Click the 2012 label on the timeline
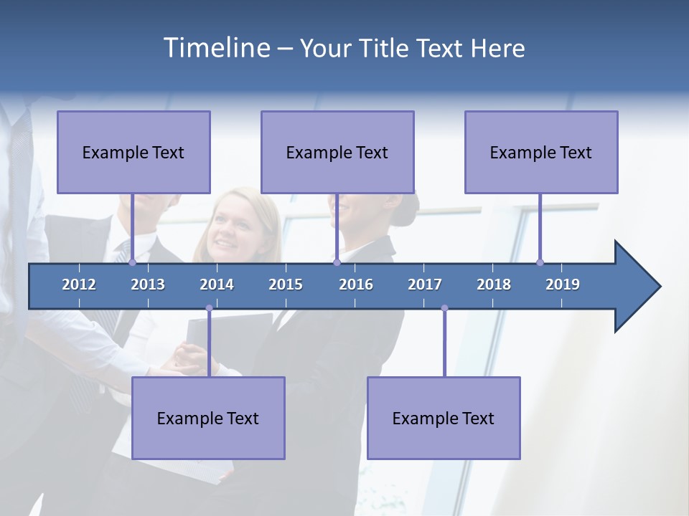pos(79,285)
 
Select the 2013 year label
pos(148,285)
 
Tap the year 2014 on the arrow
pos(217,285)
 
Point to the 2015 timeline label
pos(286,285)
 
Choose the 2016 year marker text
pos(356,285)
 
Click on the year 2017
pos(425,285)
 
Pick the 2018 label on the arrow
pos(494,285)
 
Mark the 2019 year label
pos(563,285)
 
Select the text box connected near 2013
pos(133,152)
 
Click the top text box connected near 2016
pos(337,152)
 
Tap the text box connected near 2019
pos(541,152)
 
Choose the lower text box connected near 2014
pos(208,418)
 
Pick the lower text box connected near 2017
pos(444,418)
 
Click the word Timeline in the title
pos(215,48)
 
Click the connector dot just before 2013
pos(132,262)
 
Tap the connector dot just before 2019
pos(540,262)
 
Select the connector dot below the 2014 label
pos(209,308)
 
